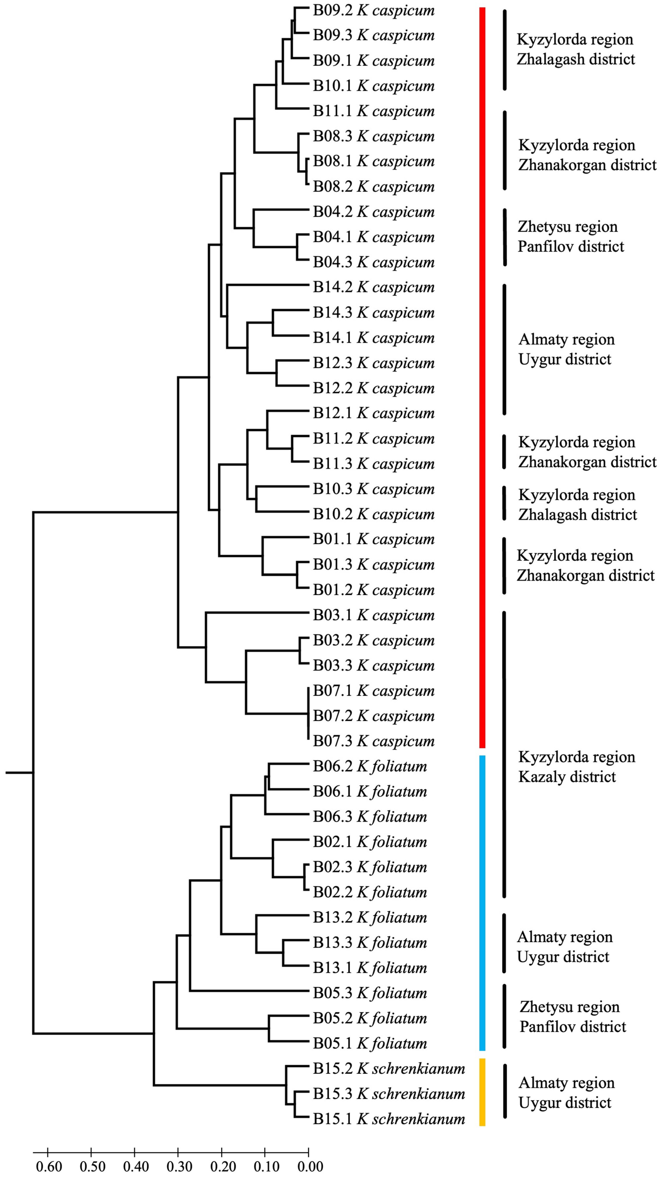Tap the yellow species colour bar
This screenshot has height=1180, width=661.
[x=482, y=1092]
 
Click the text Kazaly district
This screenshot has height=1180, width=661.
[x=567, y=776]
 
